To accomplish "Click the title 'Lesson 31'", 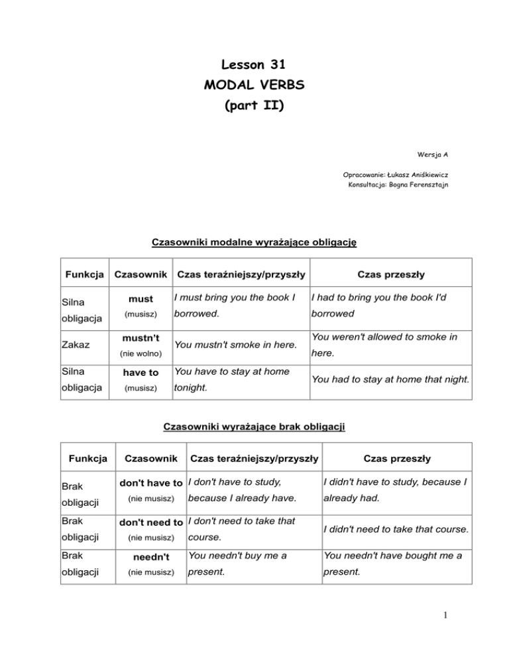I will [254, 65].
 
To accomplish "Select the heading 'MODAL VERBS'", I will [254, 86].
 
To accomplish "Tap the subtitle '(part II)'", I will [254, 105].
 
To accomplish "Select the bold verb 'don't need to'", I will [151, 522].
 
